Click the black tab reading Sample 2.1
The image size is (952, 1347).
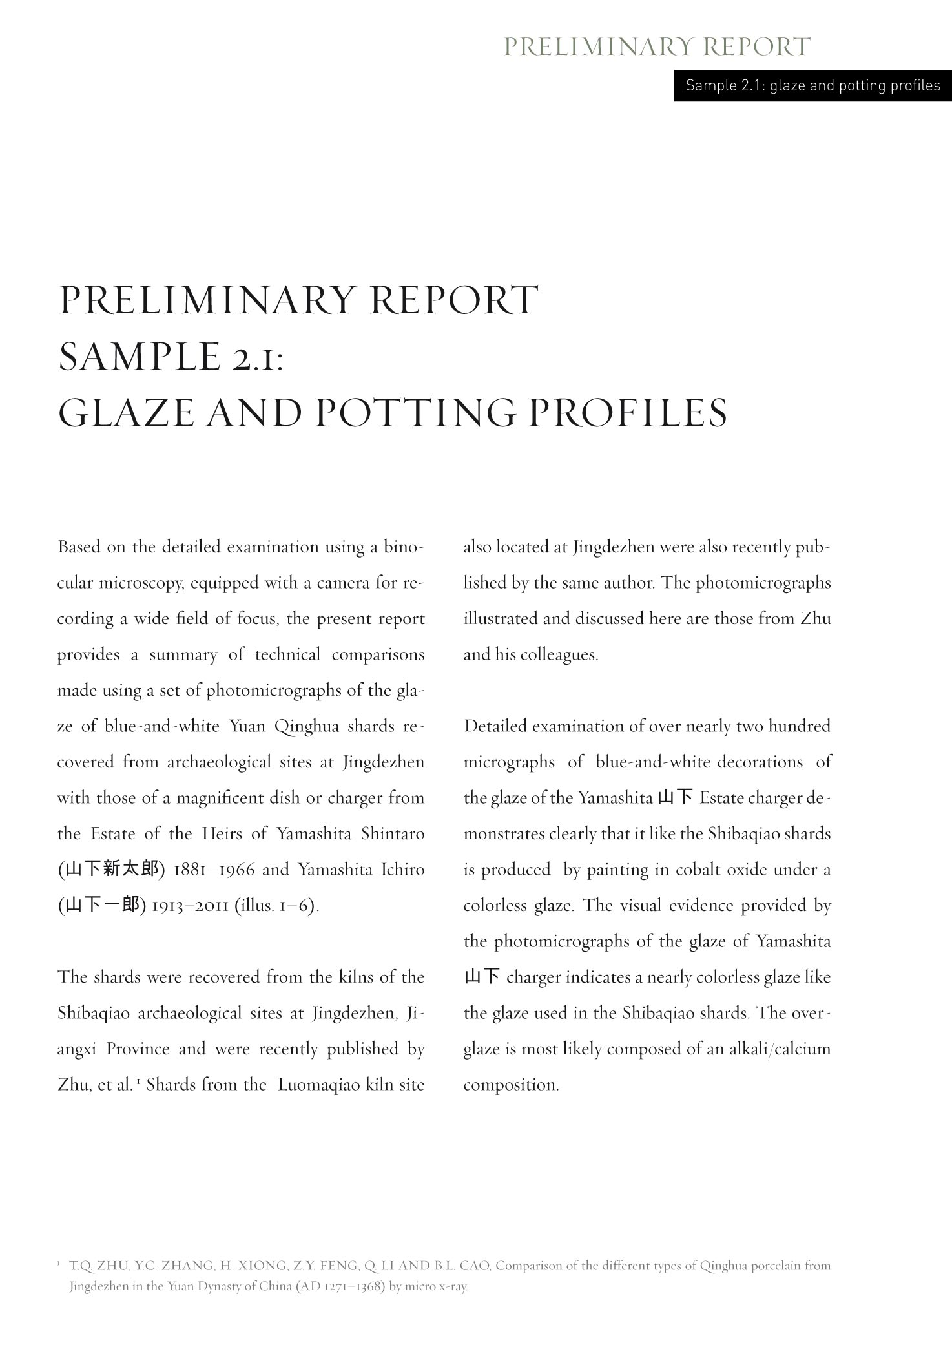tap(812, 85)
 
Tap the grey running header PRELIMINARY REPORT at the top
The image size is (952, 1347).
tap(656, 47)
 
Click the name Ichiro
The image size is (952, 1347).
tap(402, 870)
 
